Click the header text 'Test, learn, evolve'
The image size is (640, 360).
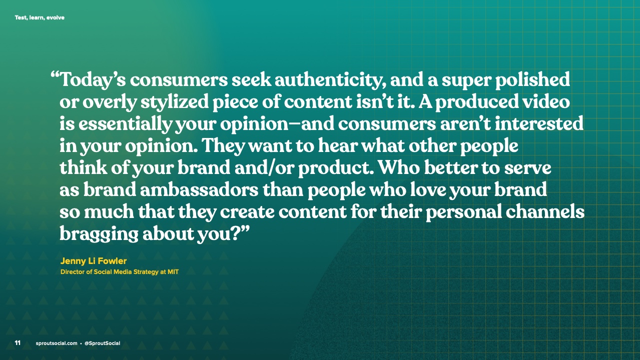40,17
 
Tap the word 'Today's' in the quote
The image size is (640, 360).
93,80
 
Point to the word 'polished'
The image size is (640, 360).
532,79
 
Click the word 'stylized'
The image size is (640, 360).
174,102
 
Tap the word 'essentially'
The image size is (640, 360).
125,124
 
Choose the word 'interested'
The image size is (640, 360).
539,123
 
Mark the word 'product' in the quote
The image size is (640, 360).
334,168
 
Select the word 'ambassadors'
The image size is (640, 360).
199,190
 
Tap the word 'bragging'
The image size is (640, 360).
99,234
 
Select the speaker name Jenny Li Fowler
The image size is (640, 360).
94,261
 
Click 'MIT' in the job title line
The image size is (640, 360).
173,272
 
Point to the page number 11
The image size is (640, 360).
18,343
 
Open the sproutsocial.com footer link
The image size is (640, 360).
57,343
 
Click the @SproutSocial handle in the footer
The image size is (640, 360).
102,343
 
